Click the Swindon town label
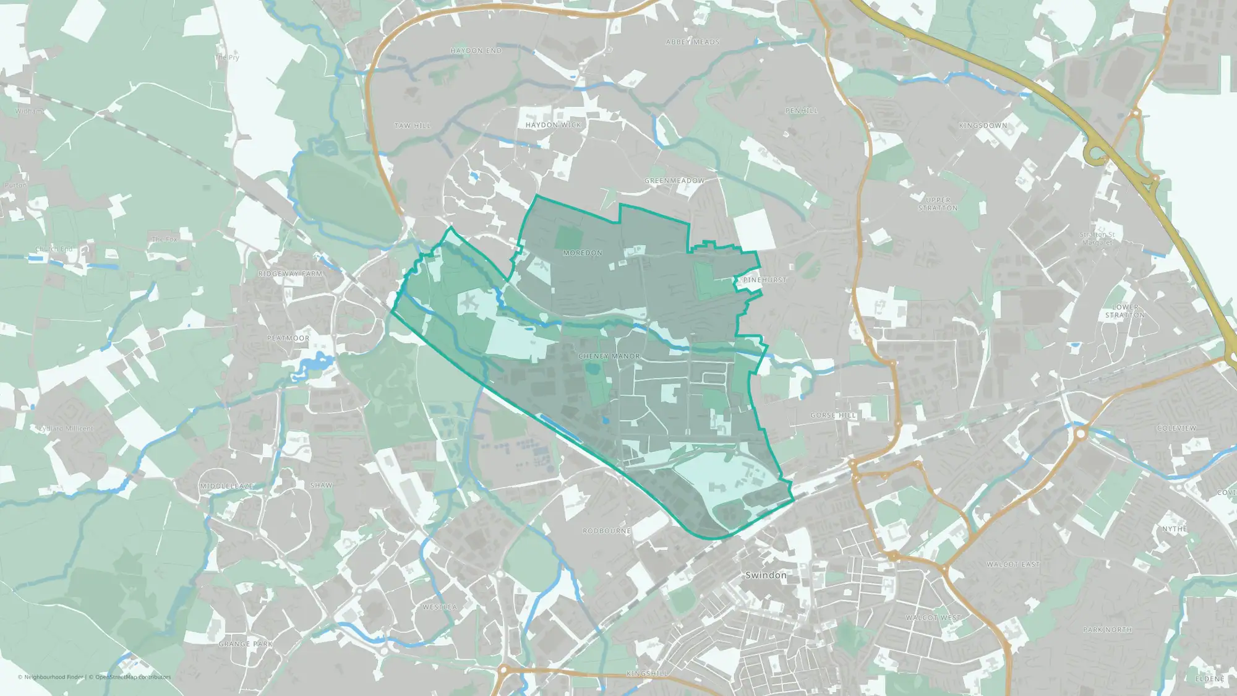(766, 575)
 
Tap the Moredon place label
(583, 253)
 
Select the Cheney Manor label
(609, 356)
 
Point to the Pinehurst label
(764, 280)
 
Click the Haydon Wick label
(553, 125)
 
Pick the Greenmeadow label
(674, 181)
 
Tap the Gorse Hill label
(833, 416)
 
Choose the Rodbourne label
(607, 531)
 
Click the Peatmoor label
(288, 338)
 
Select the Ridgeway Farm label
(290, 273)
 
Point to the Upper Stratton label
(938, 204)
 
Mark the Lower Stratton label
(1125, 311)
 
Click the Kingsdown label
(983, 126)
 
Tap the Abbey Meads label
(693, 42)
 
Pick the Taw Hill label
(413, 126)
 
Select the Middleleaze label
(226, 486)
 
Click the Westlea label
(440, 608)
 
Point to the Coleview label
(1176, 428)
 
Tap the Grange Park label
(246, 644)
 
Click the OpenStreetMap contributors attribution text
(132, 677)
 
